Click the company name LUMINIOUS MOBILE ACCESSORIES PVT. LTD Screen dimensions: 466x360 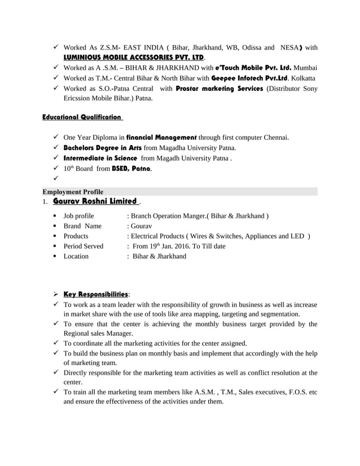[x=134, y=58]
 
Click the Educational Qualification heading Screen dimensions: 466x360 [x=82, y=117]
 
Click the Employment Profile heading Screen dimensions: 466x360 [x=73, y=192]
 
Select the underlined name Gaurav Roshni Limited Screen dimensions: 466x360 [x=95, y=201]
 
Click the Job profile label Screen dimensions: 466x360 [x=79, y=216]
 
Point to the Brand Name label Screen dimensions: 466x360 [x=82, y=226]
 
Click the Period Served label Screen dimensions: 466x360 [x=84, y=246]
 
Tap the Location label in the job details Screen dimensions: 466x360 [x=76, y=256]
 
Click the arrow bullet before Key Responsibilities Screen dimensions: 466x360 [x=55, y=294]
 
